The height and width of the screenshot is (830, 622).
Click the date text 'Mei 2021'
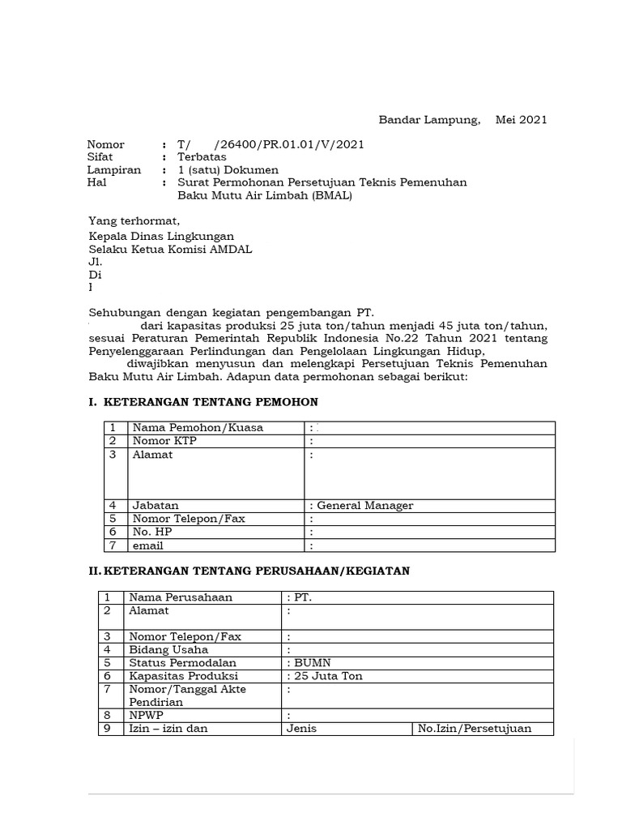[x=522, y=120]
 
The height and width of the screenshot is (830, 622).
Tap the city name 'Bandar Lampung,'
[x=429, y=120]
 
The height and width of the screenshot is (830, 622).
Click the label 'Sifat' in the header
[x=100, y=157]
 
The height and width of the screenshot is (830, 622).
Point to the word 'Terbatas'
[x=202, y=157]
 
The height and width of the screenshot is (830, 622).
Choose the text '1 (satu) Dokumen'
[x=228, y=170]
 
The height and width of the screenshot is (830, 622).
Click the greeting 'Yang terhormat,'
[x=134, y=220]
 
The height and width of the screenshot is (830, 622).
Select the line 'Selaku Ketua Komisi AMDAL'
[x=170, y=249]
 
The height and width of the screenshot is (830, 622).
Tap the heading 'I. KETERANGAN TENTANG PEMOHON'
[x=203, y=402]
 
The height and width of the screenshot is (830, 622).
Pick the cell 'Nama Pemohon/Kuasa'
[x=198, y=428]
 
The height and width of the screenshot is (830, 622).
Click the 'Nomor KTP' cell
[x=164, y=441]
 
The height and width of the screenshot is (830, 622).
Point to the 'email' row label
[x=147, y=545]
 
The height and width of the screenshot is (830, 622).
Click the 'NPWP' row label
[x=146, y=715]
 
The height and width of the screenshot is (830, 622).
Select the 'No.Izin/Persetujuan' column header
[x=475, y=728]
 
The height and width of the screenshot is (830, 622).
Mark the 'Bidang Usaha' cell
[x=168, y=649]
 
